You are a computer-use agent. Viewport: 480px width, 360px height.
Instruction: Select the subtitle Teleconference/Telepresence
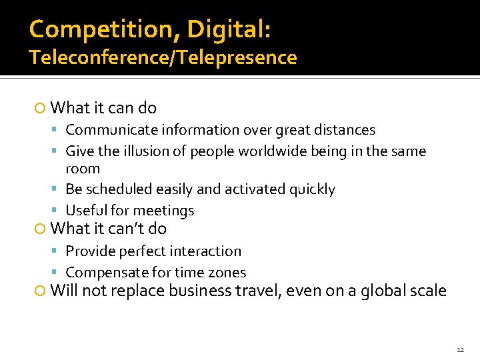tap(163, 58)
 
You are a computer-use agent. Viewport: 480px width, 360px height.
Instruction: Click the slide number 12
tap(460, 349)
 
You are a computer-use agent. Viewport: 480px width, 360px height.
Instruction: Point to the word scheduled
tap(117, 189)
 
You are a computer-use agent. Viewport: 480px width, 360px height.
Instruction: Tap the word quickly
tap(312, 189)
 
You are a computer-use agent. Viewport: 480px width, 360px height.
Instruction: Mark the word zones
tap(229, 273)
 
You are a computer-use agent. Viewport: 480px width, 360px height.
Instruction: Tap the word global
tap(385, 291)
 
